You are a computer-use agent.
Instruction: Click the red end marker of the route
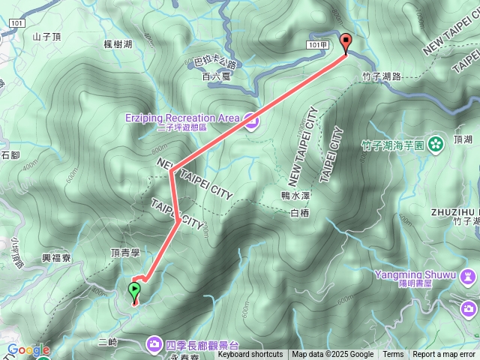(345, 43)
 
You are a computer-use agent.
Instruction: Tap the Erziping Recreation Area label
(182, 118)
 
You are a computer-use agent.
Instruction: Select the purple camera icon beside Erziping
(250, 118)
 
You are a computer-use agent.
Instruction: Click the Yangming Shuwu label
(415, 274)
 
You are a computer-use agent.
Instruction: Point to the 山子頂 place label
(46, 35)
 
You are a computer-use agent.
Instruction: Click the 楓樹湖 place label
(118, 44)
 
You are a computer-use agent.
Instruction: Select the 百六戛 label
(216, 76)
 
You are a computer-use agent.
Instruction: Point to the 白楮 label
(298, 213)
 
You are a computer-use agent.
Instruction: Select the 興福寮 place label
(57, 257)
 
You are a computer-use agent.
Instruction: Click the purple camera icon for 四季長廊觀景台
(154, 343)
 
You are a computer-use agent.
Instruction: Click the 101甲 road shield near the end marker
(317, 45)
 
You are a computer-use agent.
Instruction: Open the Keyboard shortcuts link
(250, 355)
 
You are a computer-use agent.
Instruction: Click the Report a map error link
(445, 355)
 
